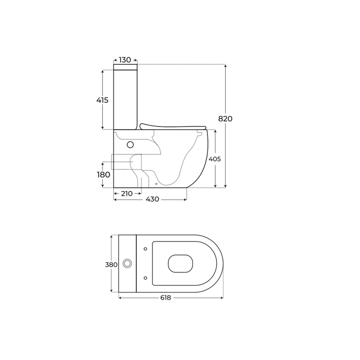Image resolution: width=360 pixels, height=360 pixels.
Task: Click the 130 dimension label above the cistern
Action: click(x=125, y=60)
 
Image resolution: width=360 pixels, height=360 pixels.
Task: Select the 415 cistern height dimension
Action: click(x=102, y=100)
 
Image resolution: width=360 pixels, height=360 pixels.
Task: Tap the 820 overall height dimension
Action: click(x=225, y=119)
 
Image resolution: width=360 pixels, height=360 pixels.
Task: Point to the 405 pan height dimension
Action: click(x=215, y=159)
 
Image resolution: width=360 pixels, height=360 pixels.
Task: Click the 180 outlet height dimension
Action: click(x=104, y=175)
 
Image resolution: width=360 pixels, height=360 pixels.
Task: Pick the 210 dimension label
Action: click(x=127, y=193)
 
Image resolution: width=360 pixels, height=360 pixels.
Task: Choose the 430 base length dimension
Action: click(x=152, y=199)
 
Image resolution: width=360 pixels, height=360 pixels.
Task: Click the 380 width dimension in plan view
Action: click(x=111, y=265)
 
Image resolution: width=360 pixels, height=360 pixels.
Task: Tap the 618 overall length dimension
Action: click(x=165, y=297)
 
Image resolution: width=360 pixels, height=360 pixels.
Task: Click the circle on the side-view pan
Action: click(x=131, y=145)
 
